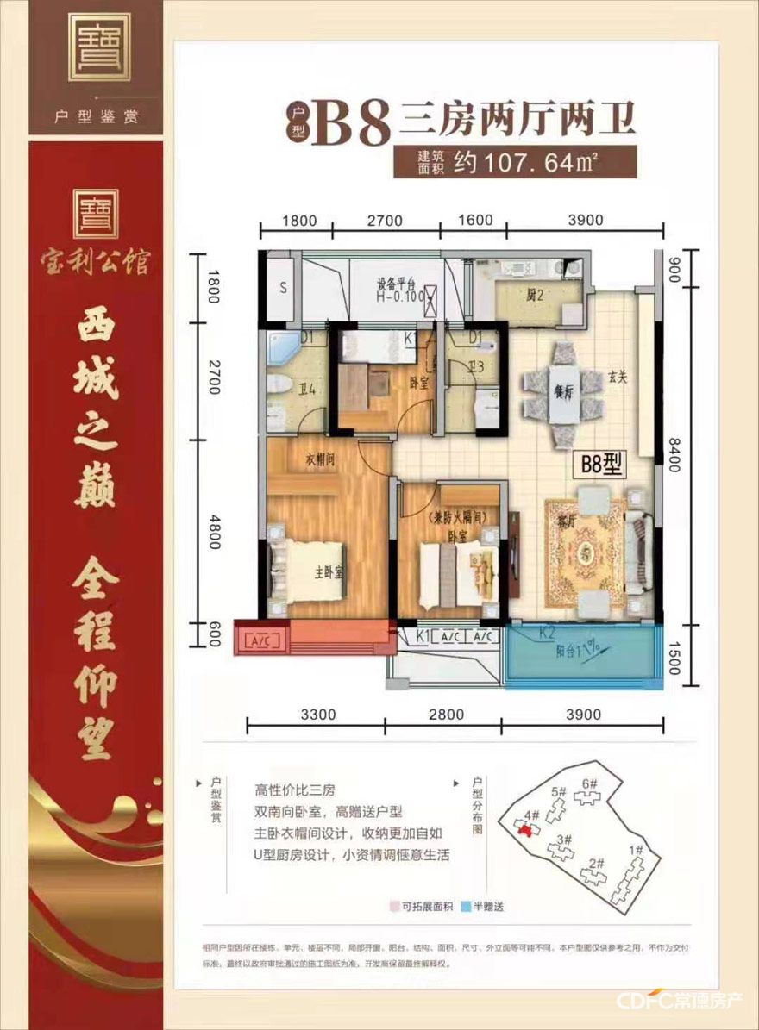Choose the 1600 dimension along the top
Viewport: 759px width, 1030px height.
coord(475,221)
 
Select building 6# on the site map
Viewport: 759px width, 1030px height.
coord(590,783)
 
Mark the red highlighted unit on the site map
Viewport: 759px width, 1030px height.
coord(524,827)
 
